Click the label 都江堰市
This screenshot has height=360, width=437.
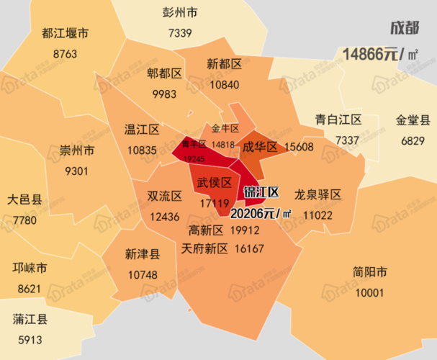coord(65,34)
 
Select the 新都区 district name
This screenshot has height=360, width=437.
coord(224,64)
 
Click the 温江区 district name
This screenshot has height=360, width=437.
coord(141,130)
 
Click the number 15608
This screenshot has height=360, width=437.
coord(299,146)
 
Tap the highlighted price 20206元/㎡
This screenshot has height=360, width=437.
coord(261,213)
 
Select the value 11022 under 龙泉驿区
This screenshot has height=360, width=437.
coord(317,215)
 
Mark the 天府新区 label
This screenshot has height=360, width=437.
coord(204,248)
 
